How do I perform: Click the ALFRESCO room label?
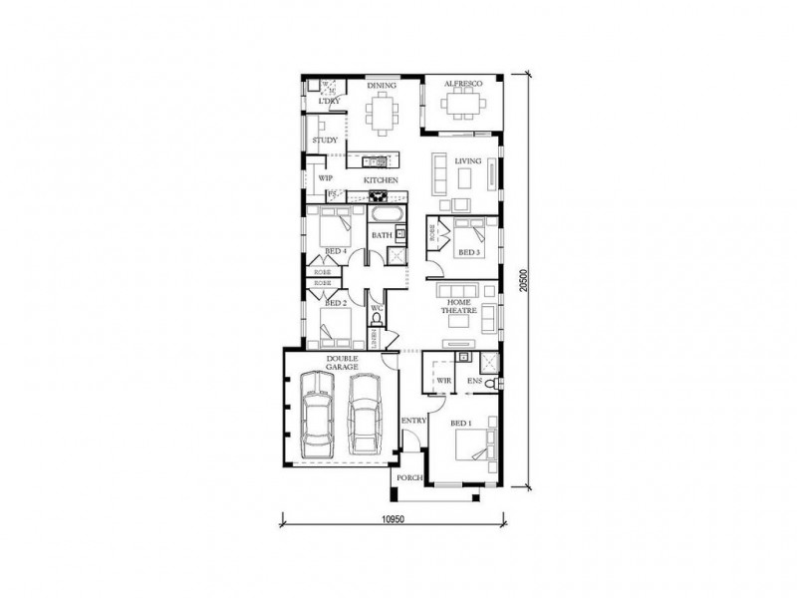tap(462, 86)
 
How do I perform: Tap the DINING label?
tap(382, 86)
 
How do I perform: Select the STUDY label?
tap(324, 141)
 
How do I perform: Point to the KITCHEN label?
tap(382, 179)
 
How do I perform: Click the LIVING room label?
tap(468, 160)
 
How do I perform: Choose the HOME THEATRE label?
tap(460, 306)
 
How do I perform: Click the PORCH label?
tap(409, 478)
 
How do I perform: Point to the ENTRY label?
tap(414, 421)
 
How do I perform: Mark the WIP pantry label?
tap(325, 178)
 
